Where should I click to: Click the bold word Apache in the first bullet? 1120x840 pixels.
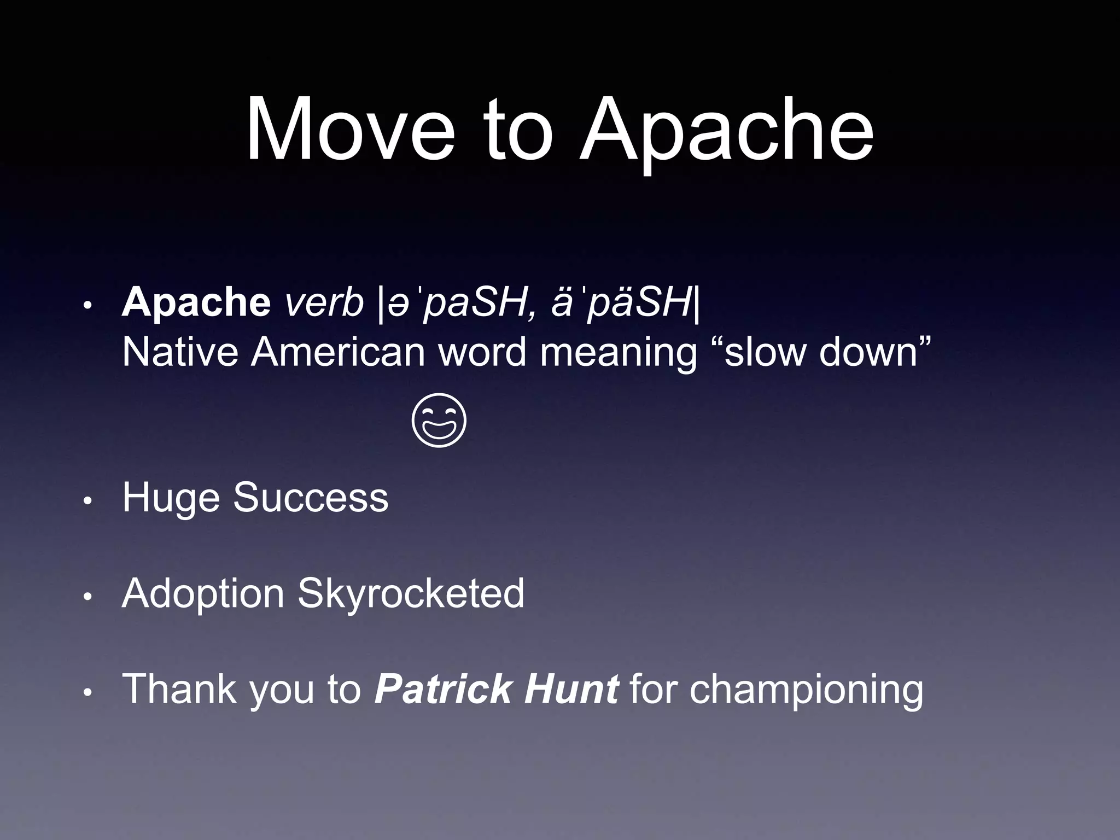[196, 302]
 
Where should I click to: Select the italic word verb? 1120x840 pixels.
[324, 302]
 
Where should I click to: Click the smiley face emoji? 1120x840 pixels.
[439, 420]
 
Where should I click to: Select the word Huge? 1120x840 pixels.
[170, 498]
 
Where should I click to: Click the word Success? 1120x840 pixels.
[310, 497]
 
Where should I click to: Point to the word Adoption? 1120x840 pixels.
[203, 594]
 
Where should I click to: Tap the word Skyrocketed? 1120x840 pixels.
[411, 593]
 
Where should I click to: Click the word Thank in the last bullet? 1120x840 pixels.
[179, 689]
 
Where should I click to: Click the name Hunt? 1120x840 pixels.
[571, 689]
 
